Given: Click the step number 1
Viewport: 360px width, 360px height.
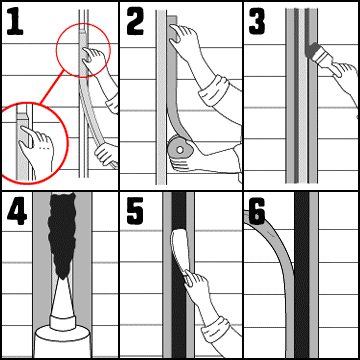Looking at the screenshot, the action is [x=15, y=22].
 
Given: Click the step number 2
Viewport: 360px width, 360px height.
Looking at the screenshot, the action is [x=135, y=22].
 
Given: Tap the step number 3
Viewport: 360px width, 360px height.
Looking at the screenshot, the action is [x=257, y=21].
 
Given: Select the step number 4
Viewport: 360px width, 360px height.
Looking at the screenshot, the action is [x=17, y=212].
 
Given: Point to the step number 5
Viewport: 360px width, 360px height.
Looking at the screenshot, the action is [x=135, y=211].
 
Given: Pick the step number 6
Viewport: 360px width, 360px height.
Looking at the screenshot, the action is [x=257, y=211].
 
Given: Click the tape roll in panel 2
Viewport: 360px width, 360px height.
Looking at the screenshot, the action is [x=179, y=150].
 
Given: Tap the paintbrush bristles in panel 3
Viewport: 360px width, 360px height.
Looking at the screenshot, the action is [x=312, y=51].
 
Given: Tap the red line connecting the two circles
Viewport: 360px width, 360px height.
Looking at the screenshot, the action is [x=52, y=88].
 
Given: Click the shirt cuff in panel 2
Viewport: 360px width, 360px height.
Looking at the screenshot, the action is [x=214, y=90].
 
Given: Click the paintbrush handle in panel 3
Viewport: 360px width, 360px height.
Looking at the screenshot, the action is [x=326, y=61].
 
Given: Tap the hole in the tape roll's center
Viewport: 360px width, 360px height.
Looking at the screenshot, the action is [x=180, y=150].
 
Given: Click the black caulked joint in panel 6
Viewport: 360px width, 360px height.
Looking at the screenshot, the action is [x=302, y=275].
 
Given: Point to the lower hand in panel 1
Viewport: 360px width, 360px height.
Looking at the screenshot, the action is [x=107, y=153].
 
